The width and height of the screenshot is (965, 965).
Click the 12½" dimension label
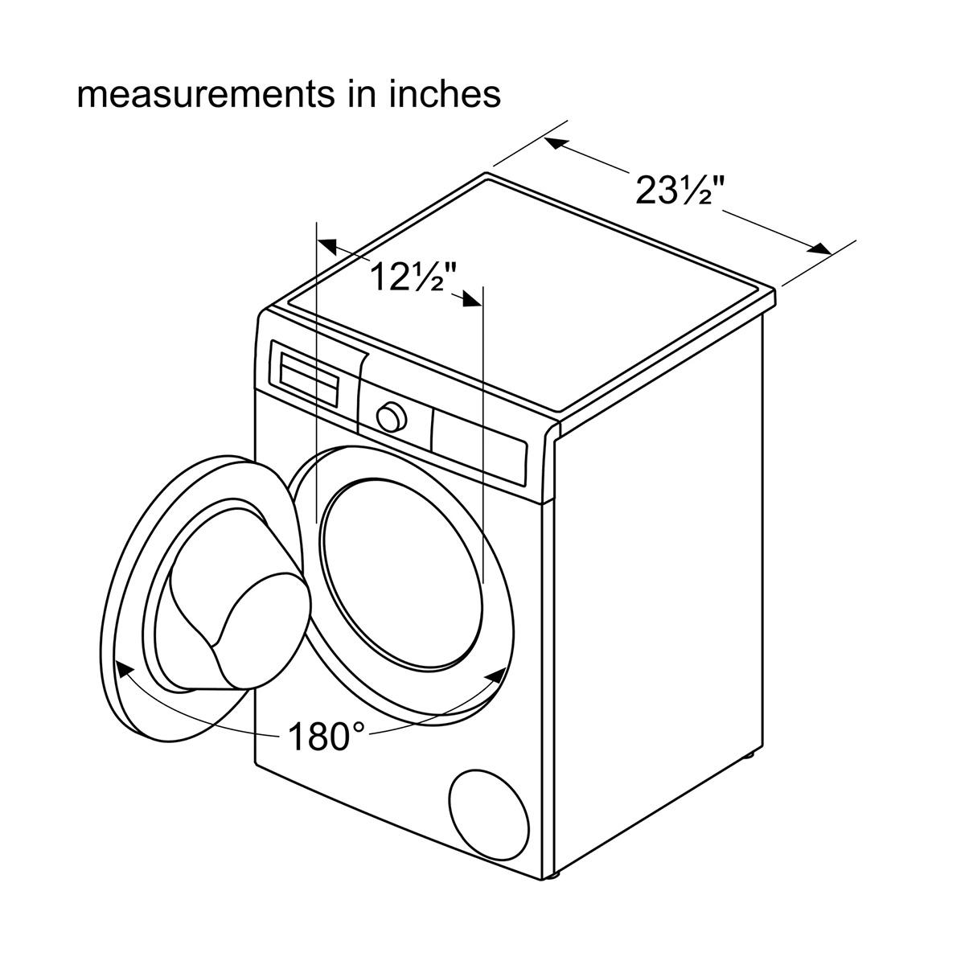coord(414,277)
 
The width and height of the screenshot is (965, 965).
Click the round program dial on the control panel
coord(391,417)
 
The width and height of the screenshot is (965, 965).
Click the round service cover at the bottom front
coord(489,819)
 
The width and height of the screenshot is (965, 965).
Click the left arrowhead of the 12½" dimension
coord(329,245)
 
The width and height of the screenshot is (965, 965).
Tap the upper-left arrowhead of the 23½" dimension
coord(556,144)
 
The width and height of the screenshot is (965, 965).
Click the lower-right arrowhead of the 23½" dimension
coord(819,248)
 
